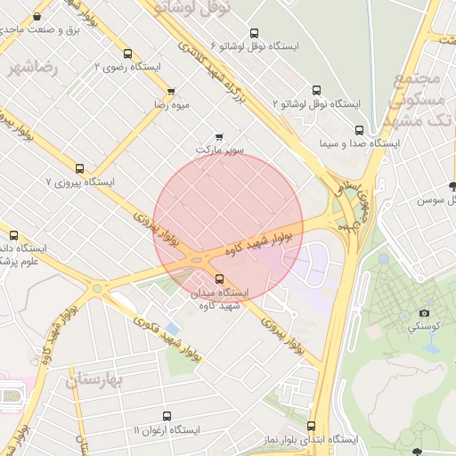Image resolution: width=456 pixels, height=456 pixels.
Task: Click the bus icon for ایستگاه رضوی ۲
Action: click(x=127, y=54)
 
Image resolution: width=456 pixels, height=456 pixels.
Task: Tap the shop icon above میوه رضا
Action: click(x=171, y=91)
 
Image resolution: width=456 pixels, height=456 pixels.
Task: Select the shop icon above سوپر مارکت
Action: click(x=219, y=137)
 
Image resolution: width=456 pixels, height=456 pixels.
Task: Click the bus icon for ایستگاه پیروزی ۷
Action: click(x=80, y=168)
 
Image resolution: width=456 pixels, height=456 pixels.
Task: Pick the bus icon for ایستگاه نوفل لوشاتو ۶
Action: click(x=255, y=33)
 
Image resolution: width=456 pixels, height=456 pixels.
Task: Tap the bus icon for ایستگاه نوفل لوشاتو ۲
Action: click(x=316, y=90)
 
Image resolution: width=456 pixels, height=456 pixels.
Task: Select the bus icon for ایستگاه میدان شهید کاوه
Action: click(x=220, y=279)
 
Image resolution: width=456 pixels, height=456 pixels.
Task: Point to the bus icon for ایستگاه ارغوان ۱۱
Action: click(x=167, y=416)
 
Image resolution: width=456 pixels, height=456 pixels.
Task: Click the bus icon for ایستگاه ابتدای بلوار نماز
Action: click(x=311, y=426)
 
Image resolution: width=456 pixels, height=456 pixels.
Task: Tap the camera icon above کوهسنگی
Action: click(x=424, y=313)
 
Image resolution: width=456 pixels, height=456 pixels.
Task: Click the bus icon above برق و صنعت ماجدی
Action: click(x=37, y=16)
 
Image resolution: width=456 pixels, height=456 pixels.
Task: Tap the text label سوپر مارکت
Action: click(x=220, y=151)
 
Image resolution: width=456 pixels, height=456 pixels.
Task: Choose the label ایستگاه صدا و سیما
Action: click(x=360, y=143)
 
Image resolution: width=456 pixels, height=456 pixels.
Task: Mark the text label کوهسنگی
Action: click(x=423, y=327)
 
